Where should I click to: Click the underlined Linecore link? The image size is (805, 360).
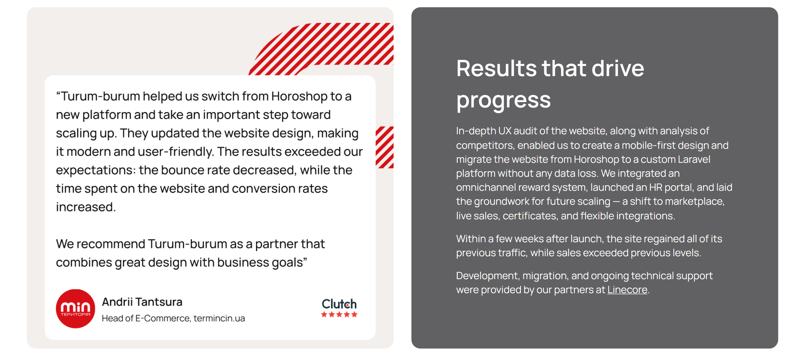point(627,290)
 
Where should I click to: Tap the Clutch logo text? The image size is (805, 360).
point(339,304)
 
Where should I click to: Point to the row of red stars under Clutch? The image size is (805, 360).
point(339,314)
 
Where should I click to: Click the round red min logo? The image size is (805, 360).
point(75,308)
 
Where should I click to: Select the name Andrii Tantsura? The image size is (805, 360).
point(142,302)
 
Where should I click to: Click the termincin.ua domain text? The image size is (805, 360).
point(219,318)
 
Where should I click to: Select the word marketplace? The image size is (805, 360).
point(694,202)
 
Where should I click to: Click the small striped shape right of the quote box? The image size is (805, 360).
point(384,147)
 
